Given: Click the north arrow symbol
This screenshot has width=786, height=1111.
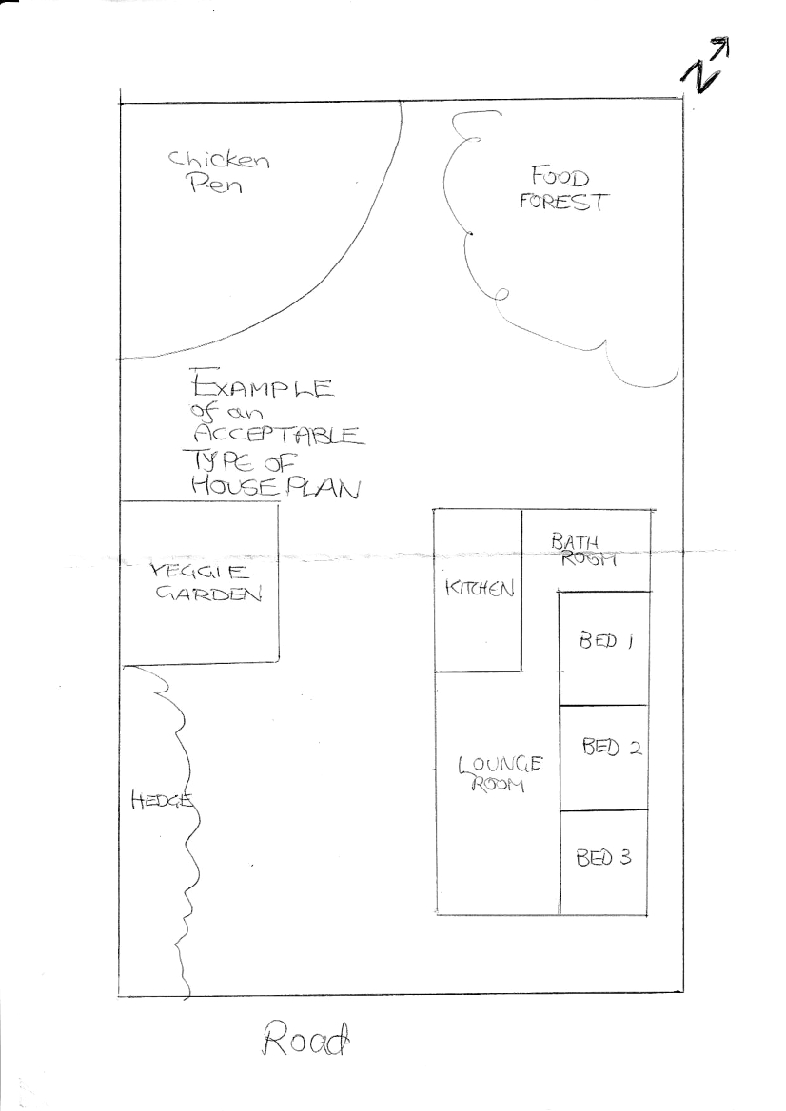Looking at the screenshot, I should (x=705, y=67).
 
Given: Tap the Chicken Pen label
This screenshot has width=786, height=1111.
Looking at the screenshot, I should (x=219, y=173).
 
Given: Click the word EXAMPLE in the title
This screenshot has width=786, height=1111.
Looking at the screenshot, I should (x=261, y=387).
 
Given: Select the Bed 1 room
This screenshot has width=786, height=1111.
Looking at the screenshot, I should (x=605, y=643).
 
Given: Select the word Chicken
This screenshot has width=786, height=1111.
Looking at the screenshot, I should (x=220, y=160).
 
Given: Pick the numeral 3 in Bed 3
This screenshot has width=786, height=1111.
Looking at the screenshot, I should (x=625, y=858).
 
